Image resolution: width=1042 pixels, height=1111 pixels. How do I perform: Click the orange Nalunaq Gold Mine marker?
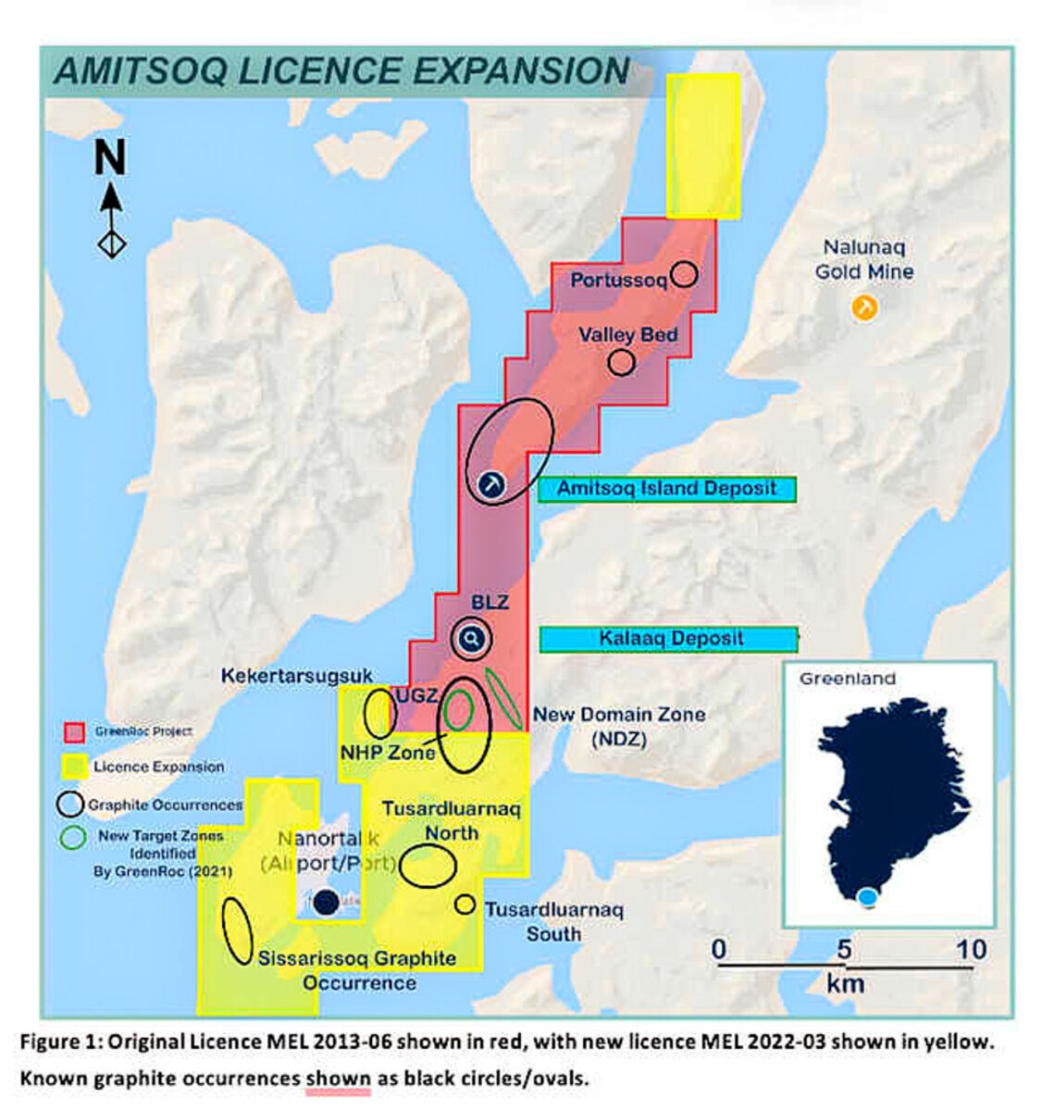pos(864,307)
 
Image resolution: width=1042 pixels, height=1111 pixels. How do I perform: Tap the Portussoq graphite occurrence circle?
pos(684,274)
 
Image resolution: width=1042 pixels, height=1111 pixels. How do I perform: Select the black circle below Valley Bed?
pos(621,362)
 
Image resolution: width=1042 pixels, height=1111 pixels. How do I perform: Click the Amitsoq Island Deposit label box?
pos(667,489)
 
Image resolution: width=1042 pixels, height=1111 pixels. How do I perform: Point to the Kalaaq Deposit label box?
pos(669,639)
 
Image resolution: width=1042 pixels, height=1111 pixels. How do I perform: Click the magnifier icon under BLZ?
pos(472,639)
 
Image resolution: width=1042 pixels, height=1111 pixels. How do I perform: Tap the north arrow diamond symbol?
pos(112,243)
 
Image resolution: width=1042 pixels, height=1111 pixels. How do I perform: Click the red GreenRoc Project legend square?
pos(74,732)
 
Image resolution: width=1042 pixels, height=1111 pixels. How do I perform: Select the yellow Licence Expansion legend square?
pos(74,767)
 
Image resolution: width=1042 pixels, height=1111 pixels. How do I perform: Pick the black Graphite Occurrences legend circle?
pos(70,804)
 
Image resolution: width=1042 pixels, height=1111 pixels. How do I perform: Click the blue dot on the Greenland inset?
pos(867,896)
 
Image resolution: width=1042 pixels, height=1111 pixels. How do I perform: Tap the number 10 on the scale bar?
pos(971,950)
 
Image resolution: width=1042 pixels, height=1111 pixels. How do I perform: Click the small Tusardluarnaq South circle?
pos(465,905)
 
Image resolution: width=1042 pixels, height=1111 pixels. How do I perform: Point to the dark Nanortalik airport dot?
pos(325,903)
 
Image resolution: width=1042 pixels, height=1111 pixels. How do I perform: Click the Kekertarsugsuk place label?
pos(296,677)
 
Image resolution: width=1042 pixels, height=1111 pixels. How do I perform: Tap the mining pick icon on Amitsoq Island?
pos(491,483)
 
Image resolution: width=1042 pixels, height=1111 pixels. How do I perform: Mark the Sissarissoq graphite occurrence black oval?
pos(238,930)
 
